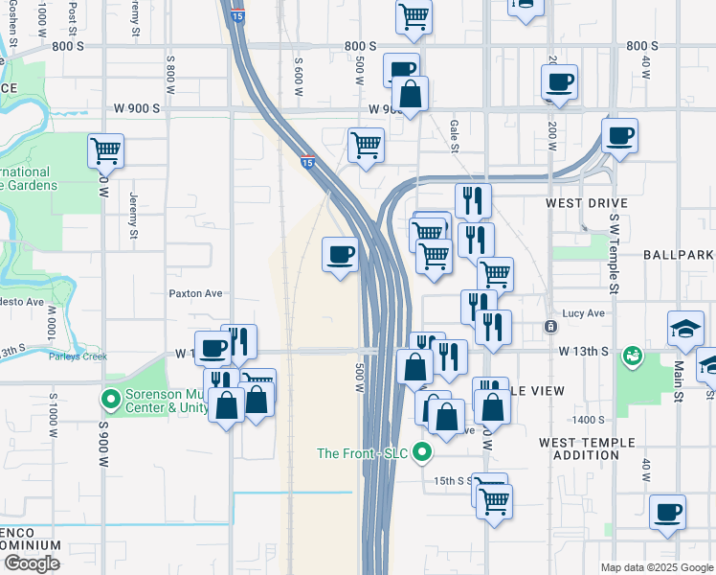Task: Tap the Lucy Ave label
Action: coord(584,313)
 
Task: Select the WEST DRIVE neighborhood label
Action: coord(586,203)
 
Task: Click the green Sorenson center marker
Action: coord(111,398)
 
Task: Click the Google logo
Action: coord(32,563)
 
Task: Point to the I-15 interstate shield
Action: coord(308,163)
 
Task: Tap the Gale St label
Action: coord(455,127)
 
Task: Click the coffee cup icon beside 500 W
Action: coord(341,255)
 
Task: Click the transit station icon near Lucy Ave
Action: coord(550,327)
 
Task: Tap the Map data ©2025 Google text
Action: coord(656,567)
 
